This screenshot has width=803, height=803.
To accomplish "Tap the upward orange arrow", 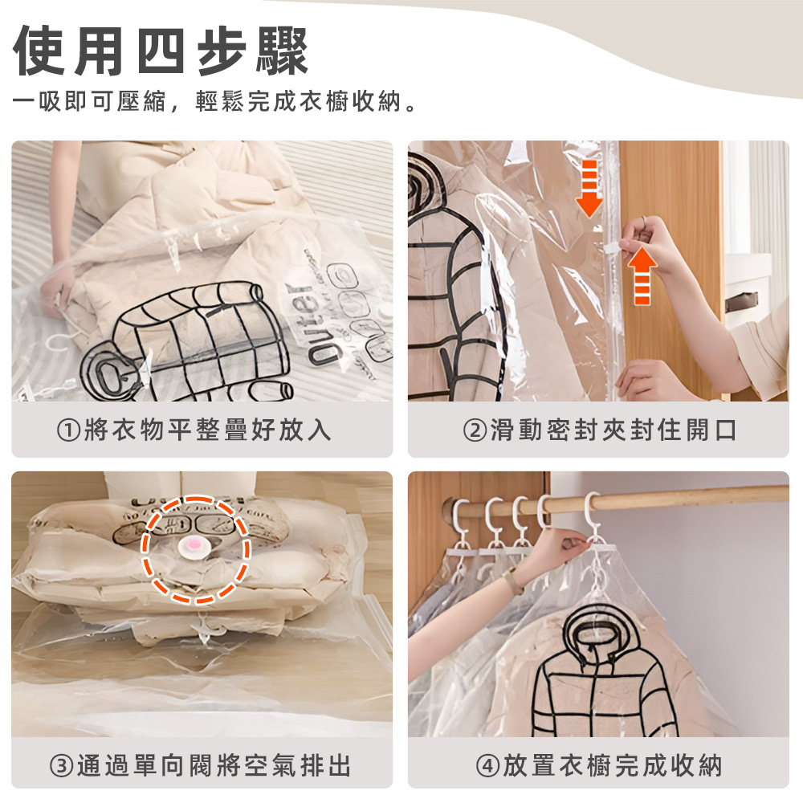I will pos(642,275).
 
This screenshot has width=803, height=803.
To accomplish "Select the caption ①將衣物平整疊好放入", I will pos(194,430).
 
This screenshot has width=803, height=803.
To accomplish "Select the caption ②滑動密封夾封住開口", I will pos(600,430).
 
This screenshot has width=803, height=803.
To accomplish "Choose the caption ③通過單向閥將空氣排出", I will pos(201,764).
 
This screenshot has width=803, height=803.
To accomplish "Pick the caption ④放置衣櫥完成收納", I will pos(600,764).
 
